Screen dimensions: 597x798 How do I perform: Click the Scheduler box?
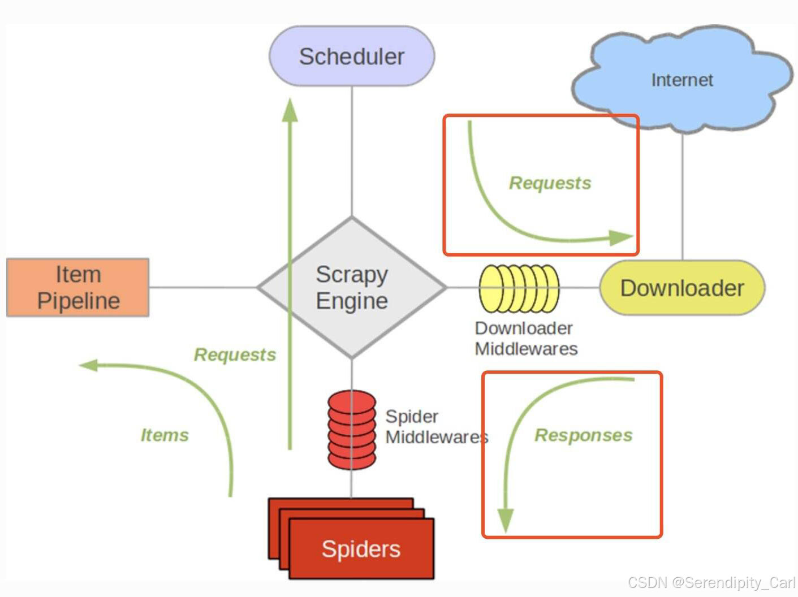point(351,56)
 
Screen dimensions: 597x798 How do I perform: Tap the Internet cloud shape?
point(681,79)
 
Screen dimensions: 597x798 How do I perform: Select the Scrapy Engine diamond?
point(352,287)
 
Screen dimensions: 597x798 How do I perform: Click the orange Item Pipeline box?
point(78,287)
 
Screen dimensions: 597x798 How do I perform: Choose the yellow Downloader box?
point(681,288)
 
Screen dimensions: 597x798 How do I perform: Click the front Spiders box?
point(361,548)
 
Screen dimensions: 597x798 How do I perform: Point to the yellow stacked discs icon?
point(519,288)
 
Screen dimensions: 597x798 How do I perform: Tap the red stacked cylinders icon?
point(352,430)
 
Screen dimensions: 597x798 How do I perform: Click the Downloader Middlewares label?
point(525,338)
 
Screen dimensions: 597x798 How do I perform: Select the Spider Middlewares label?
point(435,426)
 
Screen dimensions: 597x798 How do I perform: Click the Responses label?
point(583,435)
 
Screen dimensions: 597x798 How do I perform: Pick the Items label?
point(164,435)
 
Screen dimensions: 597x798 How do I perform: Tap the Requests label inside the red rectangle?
point(550,183)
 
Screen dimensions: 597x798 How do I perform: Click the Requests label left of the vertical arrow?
point(235,354)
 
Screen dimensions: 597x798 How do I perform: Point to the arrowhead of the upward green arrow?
point(290,110)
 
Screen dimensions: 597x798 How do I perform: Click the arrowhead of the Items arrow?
point(88,365)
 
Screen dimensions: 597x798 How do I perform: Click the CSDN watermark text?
point(711,582)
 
